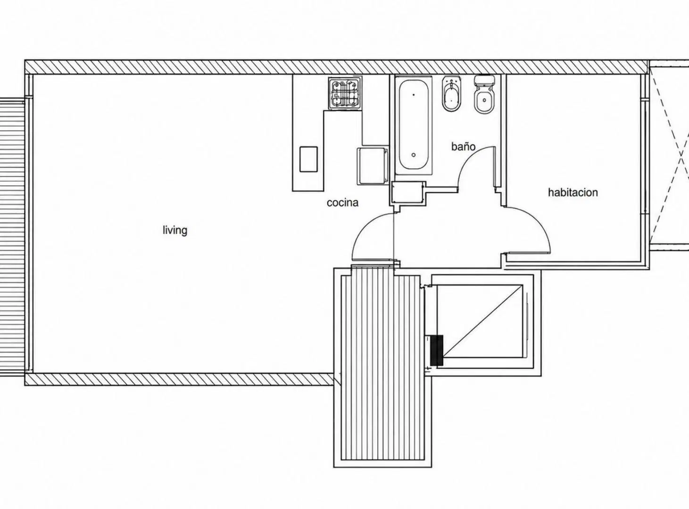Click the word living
(175, 230)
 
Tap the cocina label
(343, 203)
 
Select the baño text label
(463, 146)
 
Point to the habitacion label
(573, 193)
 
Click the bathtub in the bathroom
(414, 125)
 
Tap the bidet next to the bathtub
(451, 94)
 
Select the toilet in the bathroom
(484, 95)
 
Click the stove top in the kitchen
(345, 93)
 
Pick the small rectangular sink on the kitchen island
(308, 159)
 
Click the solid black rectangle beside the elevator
(437, 350)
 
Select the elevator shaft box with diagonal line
(480, 321)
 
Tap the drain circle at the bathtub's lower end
(414, 155)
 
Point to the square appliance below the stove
(372, 166)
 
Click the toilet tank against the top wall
(484, 81)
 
